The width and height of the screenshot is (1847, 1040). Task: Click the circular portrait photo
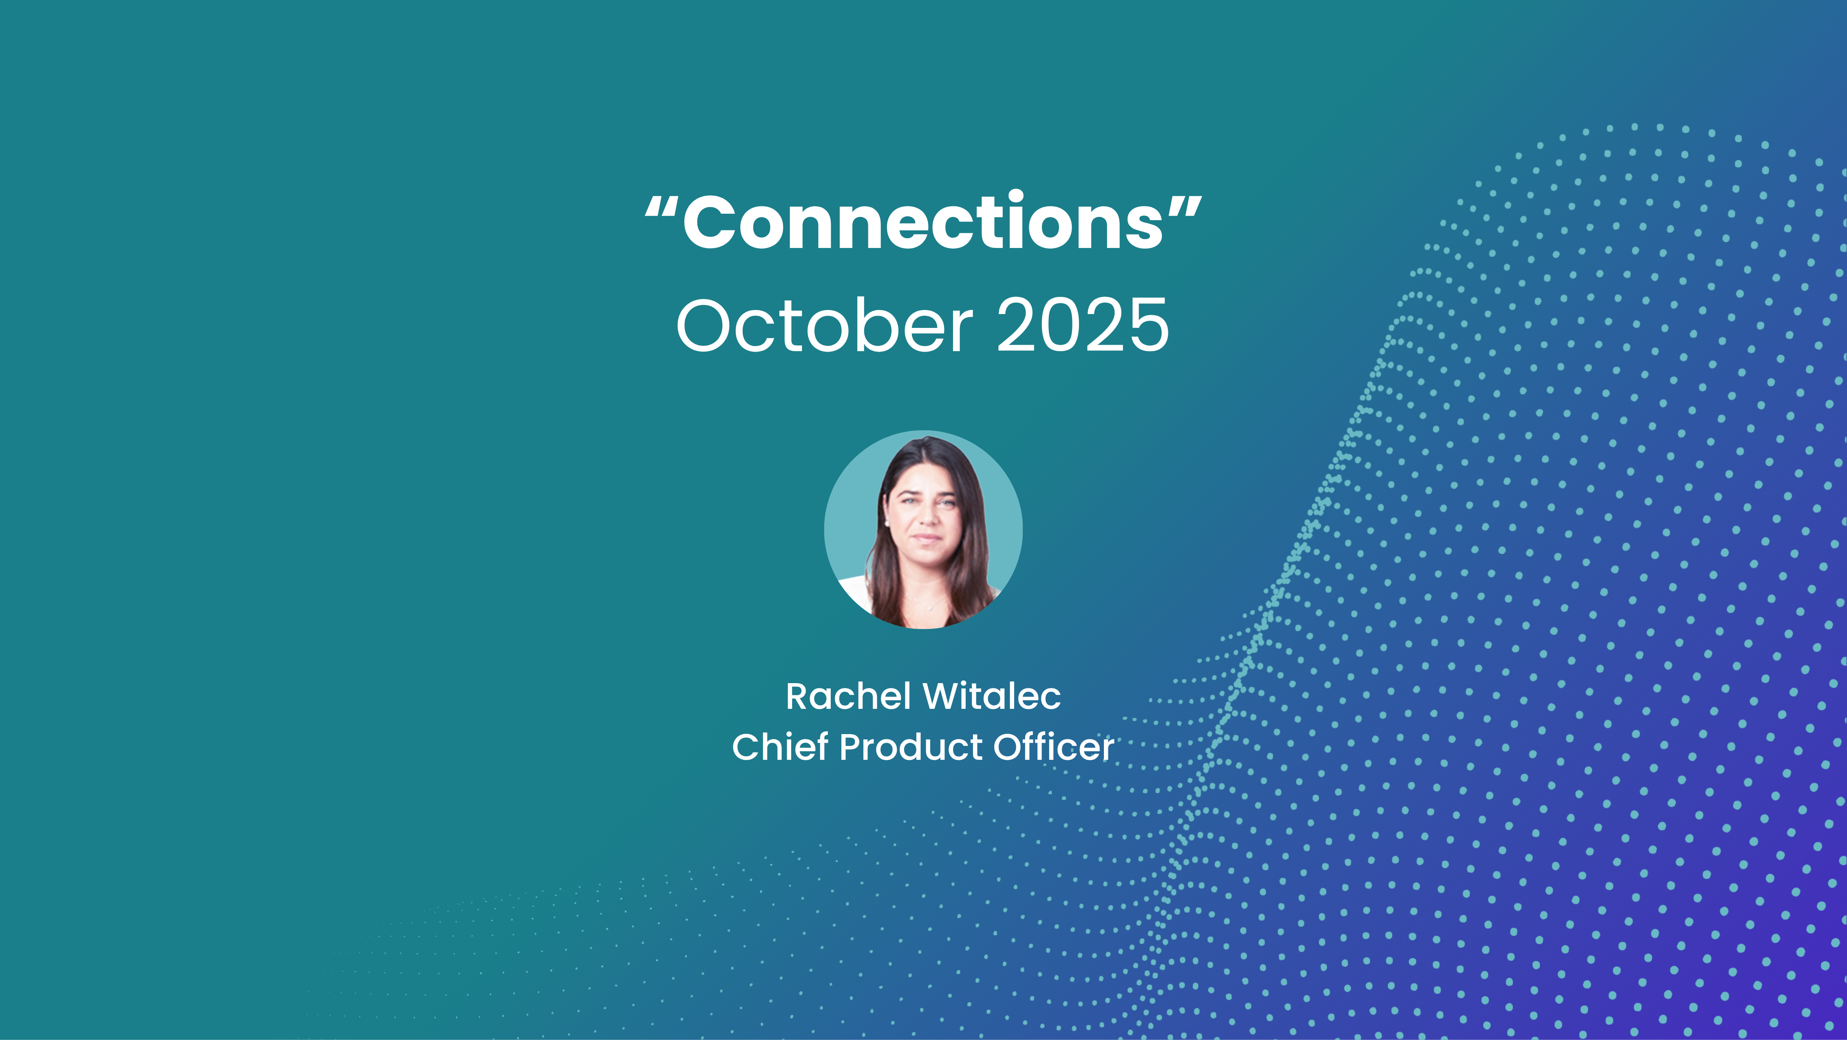924,529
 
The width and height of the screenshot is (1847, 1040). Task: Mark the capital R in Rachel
798,697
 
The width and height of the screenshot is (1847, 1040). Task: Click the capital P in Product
851,747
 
